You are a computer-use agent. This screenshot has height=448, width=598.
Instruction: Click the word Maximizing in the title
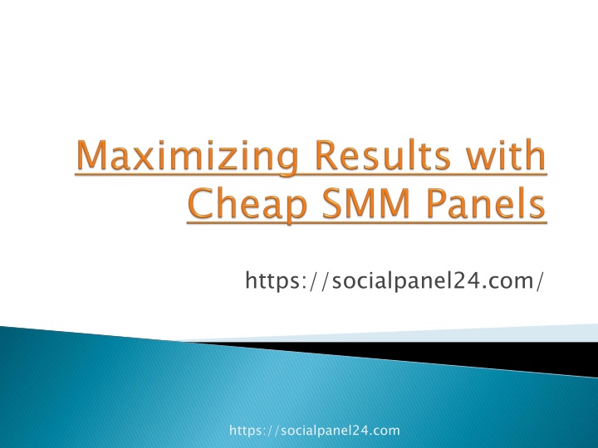[188, 157]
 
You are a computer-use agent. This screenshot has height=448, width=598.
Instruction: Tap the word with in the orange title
[507, 154]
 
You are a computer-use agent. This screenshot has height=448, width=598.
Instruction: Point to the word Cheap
[248, 205]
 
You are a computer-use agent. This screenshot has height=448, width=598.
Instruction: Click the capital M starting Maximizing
[93, 155]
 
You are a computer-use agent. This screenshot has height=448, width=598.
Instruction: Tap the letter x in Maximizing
[146, 158]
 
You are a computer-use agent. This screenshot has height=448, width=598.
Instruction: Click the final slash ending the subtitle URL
[538, 281]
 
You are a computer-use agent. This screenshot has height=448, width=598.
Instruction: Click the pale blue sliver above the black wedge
[419, 335]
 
